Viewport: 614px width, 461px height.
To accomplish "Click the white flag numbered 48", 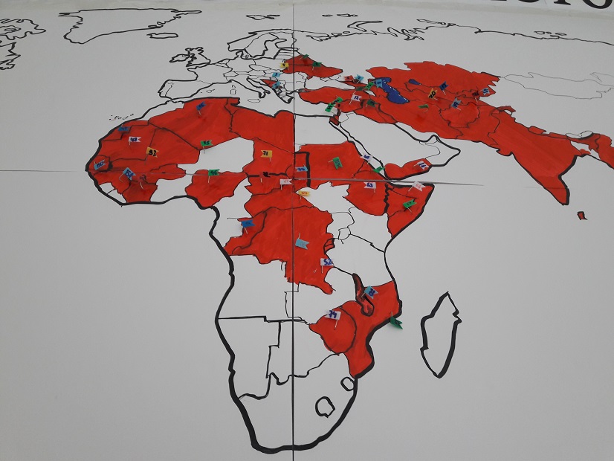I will pyautogui.click(x=134, y=139).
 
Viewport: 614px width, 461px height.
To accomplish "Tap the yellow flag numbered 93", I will pyautogui.click(x=152, y=152).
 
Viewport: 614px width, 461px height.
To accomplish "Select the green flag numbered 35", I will pyautogui.click(x=206, y=144).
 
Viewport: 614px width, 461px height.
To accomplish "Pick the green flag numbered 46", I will pyautogui.click(x=213, y=172).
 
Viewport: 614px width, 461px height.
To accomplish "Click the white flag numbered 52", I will pyautogui.click(x=327, y=262).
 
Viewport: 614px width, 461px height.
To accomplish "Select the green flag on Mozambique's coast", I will pyautogui.click(x=396, y=323).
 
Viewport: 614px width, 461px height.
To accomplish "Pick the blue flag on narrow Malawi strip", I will pyautogui.click(x=370, y=291).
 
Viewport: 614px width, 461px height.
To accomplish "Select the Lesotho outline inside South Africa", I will pyautogui.click(x=325, y=407).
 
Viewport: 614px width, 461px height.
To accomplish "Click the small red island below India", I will pyautogui.click(x=581, y=216).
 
